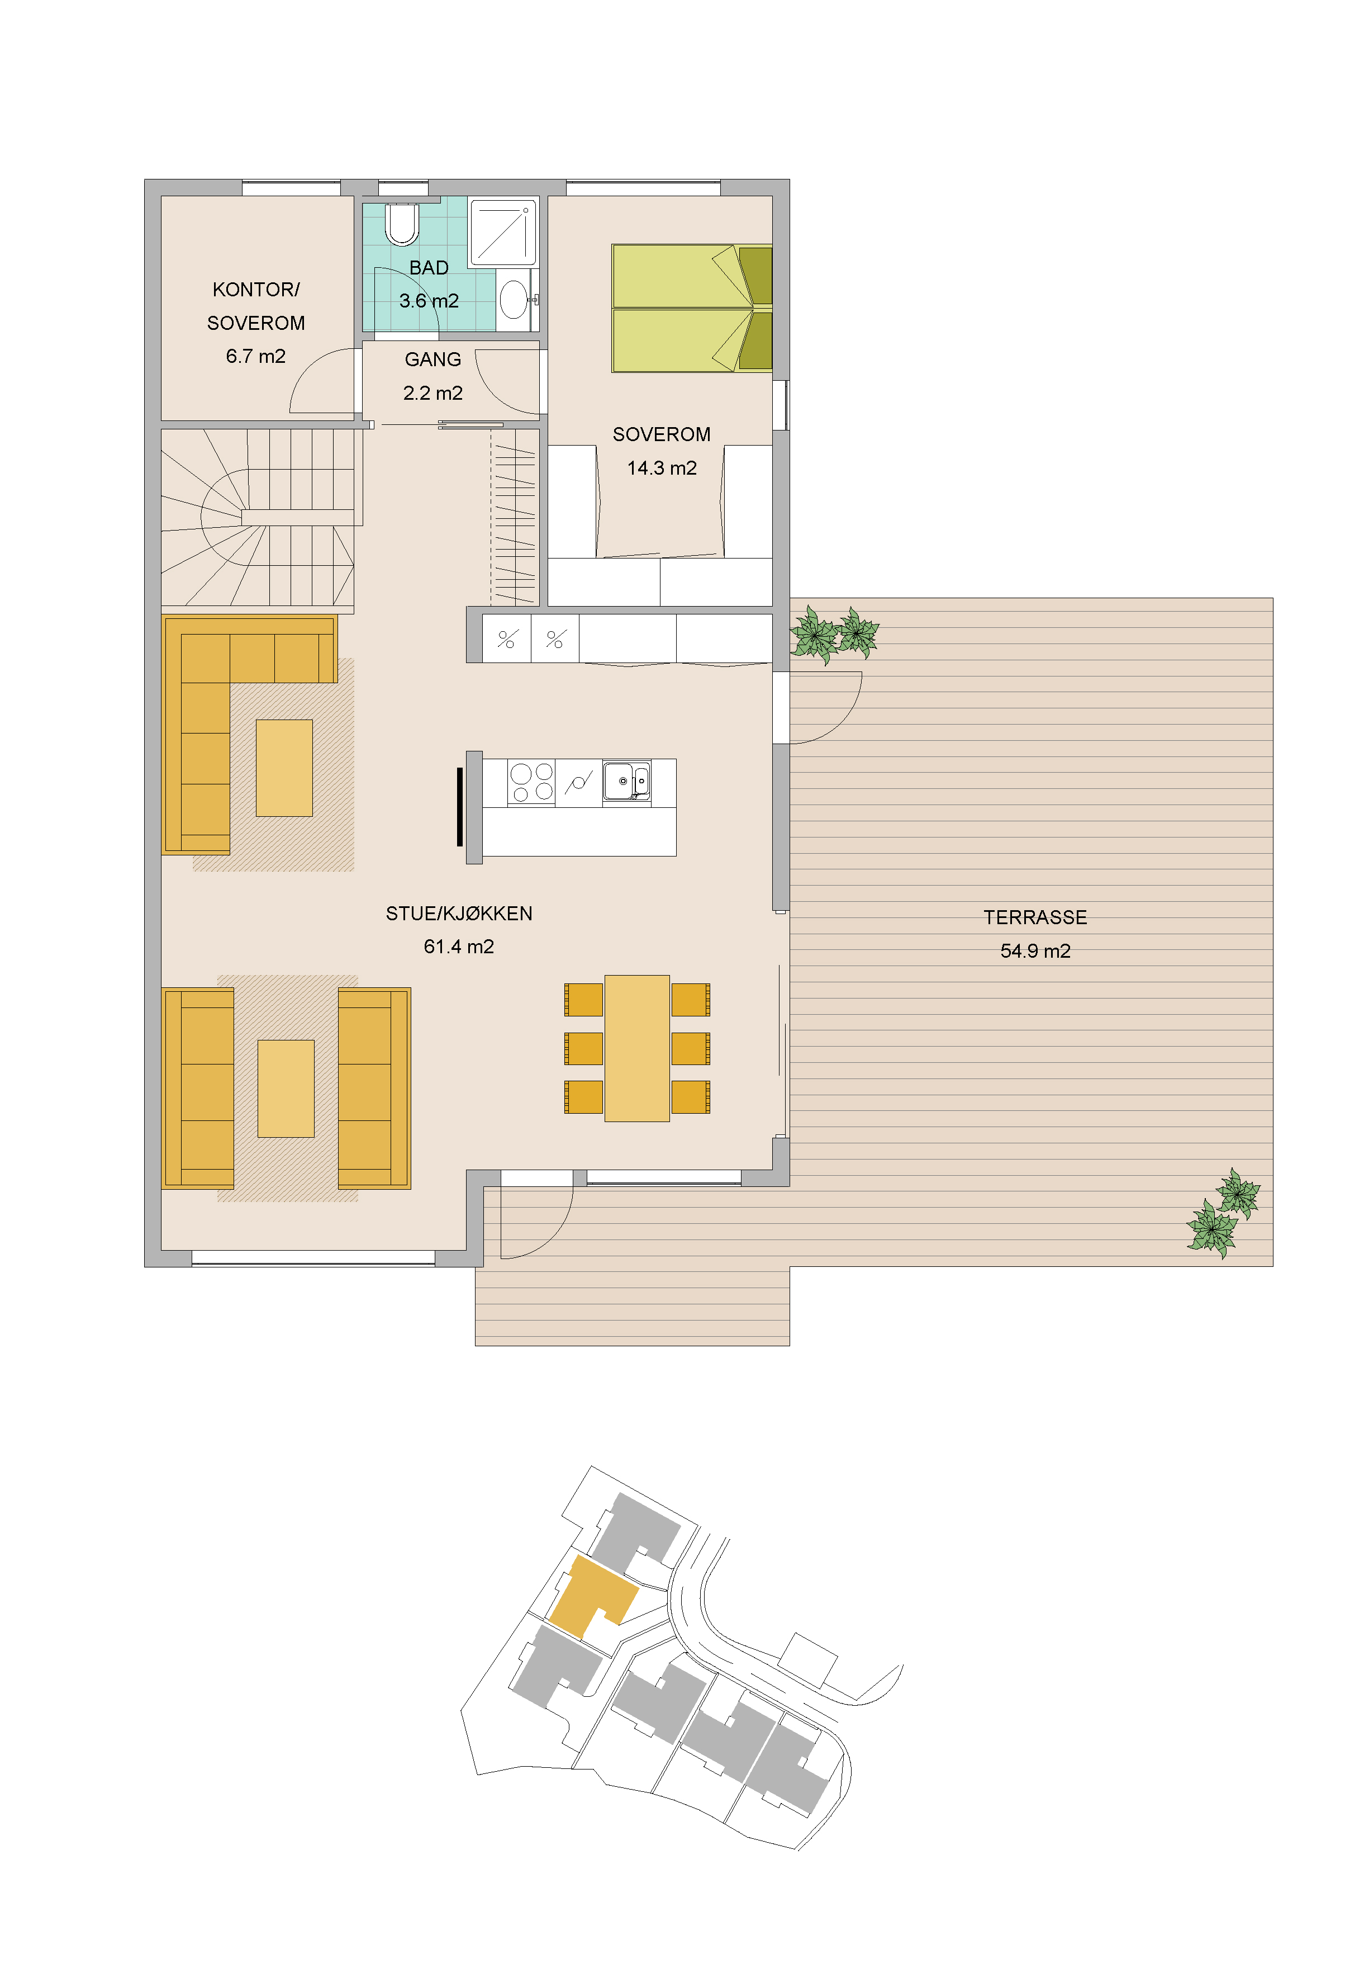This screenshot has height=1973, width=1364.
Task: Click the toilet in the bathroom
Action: tap(402, 224)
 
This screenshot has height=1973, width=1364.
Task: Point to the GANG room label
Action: tap(433, 360)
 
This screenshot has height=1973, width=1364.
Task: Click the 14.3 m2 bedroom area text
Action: tap(662, 469)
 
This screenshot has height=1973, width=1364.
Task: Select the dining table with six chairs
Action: tap(636, 1048)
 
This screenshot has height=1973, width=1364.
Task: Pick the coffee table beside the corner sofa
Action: tap(284, 768)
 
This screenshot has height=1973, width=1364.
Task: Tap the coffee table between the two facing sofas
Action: tap(286, 1088)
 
